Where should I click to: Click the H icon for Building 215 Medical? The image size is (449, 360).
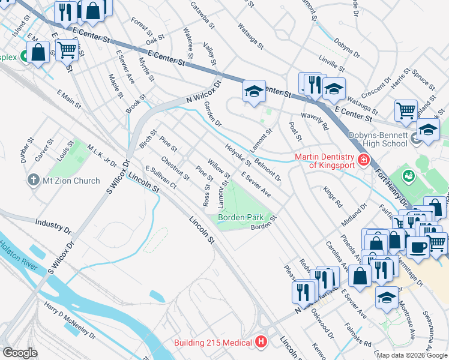(x=261, y=343)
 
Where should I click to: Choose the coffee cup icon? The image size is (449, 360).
(x=418, y=246)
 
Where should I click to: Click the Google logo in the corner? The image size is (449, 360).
(x=20, y=353)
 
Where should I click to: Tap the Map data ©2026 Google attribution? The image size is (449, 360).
(x=411, y=355)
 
